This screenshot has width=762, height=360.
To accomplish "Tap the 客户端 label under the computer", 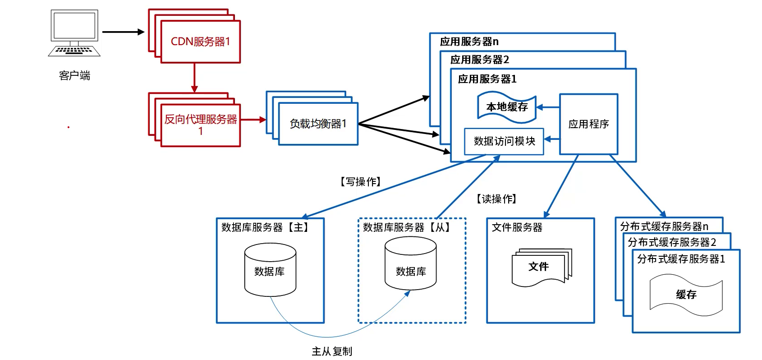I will (x=74, y=75).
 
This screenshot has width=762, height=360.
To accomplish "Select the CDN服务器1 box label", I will (x=200, y=42).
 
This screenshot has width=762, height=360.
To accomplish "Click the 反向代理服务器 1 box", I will (x=200, y=125).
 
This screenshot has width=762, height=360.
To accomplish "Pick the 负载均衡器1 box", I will (x=318, y=124).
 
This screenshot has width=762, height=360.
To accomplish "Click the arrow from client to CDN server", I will (x=123, y=32).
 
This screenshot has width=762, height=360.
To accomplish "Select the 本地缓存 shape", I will (x=507, y=107).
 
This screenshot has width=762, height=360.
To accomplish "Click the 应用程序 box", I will (x=588, y=124).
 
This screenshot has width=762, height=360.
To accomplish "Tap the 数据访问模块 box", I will (x=504, y=141).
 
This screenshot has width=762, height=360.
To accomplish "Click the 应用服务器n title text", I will (x=469, y=42).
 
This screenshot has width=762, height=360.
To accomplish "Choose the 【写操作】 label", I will (x=361, y=182).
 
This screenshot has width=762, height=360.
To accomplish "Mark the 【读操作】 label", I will (x=496, y=199).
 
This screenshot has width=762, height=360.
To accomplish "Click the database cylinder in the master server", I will (x=270, y=270).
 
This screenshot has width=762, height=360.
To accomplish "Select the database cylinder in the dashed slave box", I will (x=411, y=264).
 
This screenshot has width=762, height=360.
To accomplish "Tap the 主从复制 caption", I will (x=332, y=351).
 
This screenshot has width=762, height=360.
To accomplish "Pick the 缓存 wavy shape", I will (x=686, y=295).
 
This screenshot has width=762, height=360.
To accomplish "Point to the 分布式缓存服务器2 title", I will (x=672, y=242).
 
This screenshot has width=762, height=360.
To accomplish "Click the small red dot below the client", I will (x=69, y=127).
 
